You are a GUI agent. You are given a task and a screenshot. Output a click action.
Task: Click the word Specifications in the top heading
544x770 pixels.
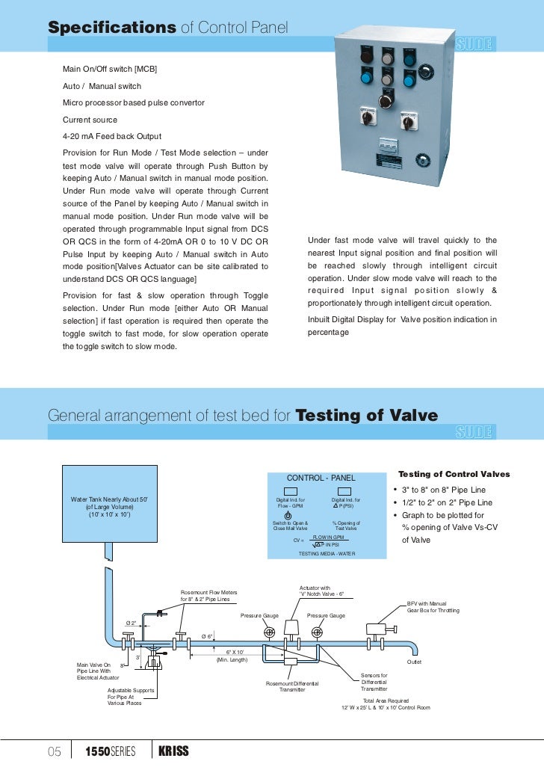click(x=111, y=28)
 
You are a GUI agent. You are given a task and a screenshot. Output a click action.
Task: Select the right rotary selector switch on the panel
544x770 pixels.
click(x=409, y=119)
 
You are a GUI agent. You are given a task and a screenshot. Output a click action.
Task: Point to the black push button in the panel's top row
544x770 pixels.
click(x=366, y=55)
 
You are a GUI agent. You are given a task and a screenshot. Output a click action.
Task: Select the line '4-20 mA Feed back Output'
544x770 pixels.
click(x=111, y=136)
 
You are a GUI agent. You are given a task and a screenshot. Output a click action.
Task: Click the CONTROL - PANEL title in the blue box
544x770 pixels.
click(x=321, y=478)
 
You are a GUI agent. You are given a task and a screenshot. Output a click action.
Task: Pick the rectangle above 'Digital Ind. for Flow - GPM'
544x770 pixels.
click(x=291, y=490)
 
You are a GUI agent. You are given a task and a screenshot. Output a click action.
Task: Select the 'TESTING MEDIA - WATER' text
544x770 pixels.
click(x=327, y=553)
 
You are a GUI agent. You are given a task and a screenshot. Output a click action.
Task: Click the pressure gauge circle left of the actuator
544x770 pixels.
click(x=270, y=632)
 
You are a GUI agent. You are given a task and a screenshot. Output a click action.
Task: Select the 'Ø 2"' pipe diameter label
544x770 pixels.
click(x=131, y=623)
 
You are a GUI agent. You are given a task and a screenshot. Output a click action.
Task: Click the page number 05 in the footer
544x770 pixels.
click(x=55, y=751)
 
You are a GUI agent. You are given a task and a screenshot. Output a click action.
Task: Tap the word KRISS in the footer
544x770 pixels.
click(x=173, y=751)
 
